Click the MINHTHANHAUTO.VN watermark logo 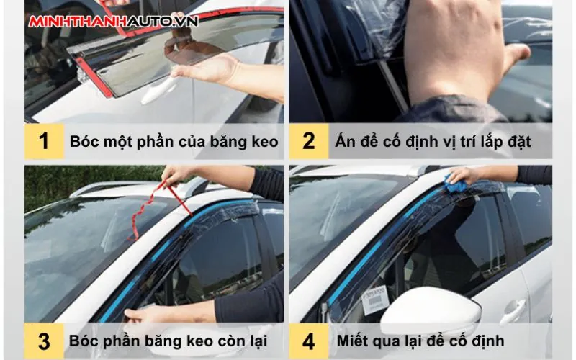(x=114, y=22)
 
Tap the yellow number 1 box (x=44, y=141)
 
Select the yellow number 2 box (x=309, y=141)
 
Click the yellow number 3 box (x=44, y=341)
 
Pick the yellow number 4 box (x=309, y=341)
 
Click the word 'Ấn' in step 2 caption (x=344, y=140)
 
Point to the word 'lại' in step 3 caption (x=258, y=341)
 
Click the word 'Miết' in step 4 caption (x=351, y=341)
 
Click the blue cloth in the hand (x=455, y=184)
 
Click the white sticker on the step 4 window (x=375, y=300)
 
